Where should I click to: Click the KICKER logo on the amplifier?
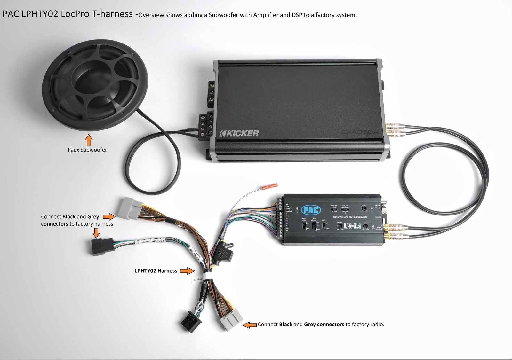(239, 133)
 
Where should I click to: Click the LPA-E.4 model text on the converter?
(352, 226)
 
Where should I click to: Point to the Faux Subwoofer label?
(87, 150)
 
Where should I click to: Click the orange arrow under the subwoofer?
(89, 140)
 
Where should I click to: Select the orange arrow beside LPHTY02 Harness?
(187, 271)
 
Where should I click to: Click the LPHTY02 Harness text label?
(156, 271)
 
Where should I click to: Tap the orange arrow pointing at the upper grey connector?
(109, 216)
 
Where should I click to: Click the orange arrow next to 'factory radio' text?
(250, 325)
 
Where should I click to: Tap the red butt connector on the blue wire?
(270, 186)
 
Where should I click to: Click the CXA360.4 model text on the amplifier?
(360, 132)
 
